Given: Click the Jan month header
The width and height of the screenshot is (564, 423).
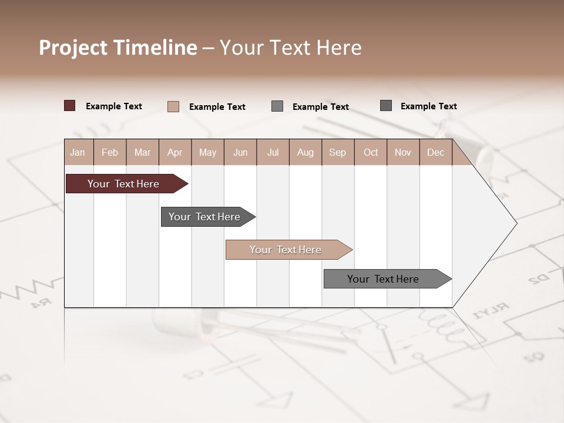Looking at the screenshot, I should point(78,152).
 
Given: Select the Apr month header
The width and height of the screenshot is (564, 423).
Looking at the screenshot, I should point(175,152).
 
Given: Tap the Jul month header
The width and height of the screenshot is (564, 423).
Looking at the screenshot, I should point(273,152).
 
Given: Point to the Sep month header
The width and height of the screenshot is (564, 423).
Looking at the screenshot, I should point(337,152).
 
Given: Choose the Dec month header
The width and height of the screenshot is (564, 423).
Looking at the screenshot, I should point(435,152).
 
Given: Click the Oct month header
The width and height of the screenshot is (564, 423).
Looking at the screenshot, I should point(371,152).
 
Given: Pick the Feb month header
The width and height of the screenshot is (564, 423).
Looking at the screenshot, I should point(110,152).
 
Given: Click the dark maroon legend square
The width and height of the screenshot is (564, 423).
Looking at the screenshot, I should point(70,106).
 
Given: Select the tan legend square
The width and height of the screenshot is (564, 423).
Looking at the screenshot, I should point(173,106).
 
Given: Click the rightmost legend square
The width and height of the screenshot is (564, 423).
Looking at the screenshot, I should point(386,106).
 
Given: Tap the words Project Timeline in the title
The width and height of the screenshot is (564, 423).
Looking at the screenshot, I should point(118,48).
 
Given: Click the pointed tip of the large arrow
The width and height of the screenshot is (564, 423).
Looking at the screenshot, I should point(515,223).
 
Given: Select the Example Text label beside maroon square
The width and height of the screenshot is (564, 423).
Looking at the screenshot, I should point(114,106).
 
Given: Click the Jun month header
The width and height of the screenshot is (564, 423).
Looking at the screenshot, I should point(240,152).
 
